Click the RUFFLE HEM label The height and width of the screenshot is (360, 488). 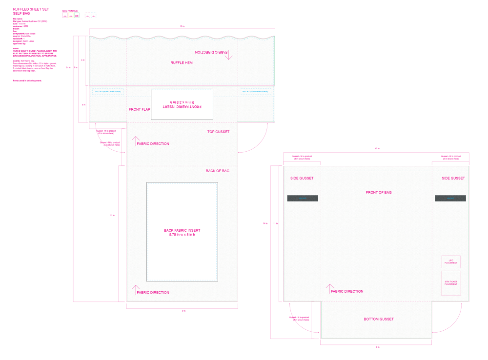click(x=182, y=63)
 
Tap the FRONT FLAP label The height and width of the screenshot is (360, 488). click(x=140, y=109)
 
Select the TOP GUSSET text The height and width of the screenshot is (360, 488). click(x=218, y=132)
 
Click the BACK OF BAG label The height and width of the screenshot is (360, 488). click(x=217, y=171)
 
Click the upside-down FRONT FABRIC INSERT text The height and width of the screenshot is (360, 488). click(x=182, y=104)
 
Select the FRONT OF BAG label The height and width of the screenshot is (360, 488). click(x=379, y=193)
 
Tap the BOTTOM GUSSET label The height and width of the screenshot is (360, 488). click(x=379, y=319)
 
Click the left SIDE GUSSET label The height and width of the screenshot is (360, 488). click(x=302, y=179)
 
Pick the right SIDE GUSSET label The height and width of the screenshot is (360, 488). click(x=453, y=179)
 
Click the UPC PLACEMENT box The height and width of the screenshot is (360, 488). click(x=451, y=262)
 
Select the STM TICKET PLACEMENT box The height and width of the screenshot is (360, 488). click(x=451, y=283)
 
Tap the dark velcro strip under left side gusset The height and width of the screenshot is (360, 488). click(x=303, y=198)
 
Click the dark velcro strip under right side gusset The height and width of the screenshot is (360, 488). click(x=450, y=198)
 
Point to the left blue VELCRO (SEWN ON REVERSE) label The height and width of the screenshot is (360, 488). click(x=108, y=91)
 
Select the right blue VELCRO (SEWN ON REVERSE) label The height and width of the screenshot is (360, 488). click(x=256, y=91)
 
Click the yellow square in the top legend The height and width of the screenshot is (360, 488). click(x=71, y=15)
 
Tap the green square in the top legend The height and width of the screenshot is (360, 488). click(x=77, y=15)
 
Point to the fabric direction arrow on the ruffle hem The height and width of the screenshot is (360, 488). click(x=229, y=56)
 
